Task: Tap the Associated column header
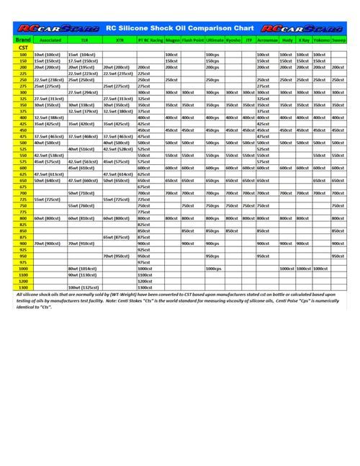pos(50,40)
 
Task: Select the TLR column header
pos(84,40)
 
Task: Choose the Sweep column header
pos(338,40)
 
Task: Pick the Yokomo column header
pos(321,40)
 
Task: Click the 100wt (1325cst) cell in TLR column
pos(84,287)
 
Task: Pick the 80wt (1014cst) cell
pos(84,268)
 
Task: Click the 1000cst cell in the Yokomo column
pos(321,268)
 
